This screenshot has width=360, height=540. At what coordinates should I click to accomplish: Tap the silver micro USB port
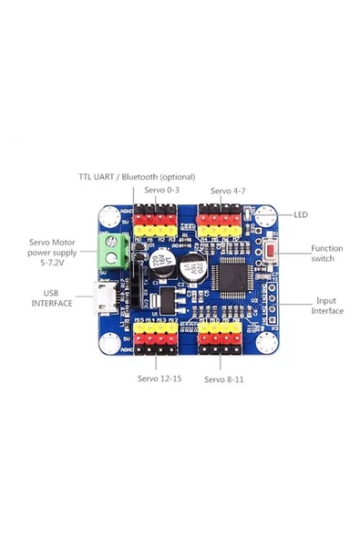coord(108,297)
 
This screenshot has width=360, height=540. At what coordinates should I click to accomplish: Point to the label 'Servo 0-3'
coord(162,191)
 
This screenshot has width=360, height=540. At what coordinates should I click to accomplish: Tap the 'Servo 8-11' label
coord(225,378)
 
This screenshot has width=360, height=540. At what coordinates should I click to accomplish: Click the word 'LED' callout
coord(301,215)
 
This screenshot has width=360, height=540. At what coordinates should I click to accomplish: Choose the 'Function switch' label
coord(326,254)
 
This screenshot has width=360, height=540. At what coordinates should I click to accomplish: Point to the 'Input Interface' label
coord(328,306)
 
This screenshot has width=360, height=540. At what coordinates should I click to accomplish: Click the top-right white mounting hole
coord(265,217)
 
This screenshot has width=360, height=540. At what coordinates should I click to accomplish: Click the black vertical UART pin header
coord(135,275)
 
